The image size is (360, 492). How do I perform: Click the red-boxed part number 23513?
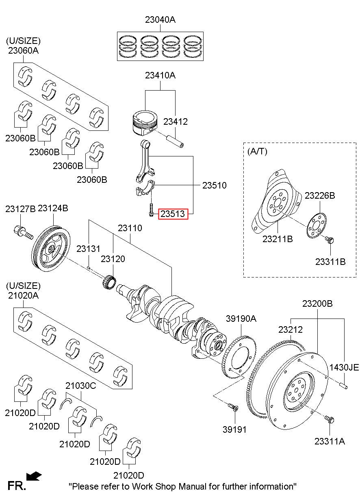[173, 214]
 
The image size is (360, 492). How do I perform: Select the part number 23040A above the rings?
[160, 20]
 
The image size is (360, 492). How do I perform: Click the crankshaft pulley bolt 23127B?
[23, 232]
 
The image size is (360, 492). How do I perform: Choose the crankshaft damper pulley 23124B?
[51, 249]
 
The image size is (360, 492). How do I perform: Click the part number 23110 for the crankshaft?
[130, 228]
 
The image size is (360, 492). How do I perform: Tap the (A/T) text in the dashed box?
[258, 151]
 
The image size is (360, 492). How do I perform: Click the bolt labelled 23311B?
[330, 241]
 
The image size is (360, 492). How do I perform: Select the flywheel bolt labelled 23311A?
[330, 419]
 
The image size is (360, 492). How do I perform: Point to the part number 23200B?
[317, 303]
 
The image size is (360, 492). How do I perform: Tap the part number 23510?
[214, 185]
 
